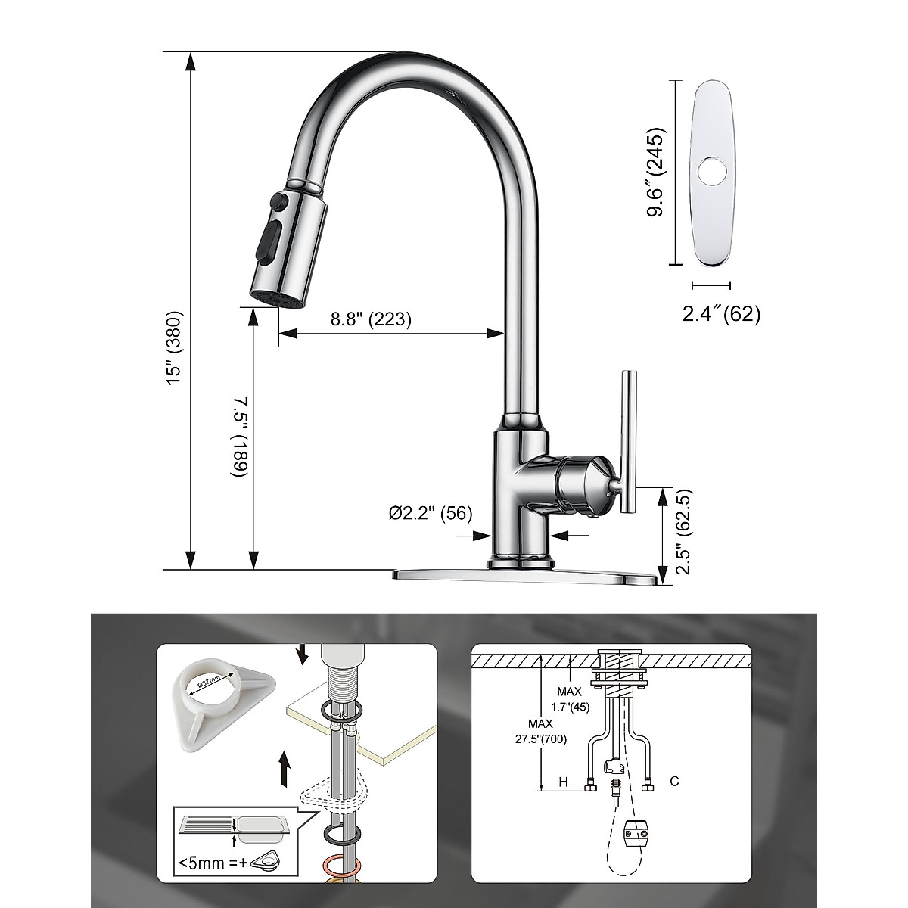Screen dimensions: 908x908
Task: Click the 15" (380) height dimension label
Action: click(x=175, y=349)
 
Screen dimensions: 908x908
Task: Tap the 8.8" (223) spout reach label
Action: click(x=371, y=319)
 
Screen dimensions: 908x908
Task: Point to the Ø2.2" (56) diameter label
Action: click(x=431, y=513)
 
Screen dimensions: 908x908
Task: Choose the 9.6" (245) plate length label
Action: click(x=655, y=173)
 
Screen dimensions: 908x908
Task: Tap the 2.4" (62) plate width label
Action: click(x=721, y=313)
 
